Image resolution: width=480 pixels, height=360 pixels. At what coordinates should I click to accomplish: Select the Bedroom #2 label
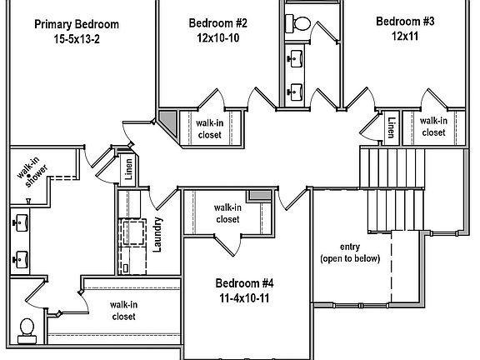[x=217, y=22]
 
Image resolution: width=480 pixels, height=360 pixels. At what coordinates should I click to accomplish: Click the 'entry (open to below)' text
[x=350, y=252]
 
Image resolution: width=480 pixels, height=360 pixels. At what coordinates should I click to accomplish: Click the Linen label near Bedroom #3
[x=391, y=127]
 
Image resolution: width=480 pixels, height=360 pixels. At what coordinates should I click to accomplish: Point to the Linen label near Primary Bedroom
[x=128, y=167]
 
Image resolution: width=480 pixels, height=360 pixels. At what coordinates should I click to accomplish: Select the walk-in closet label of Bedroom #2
[x=210, y=128]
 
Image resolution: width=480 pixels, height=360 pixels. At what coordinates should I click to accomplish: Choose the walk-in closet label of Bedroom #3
[x=432, y=126]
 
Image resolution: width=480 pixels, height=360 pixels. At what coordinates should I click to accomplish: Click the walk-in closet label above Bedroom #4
[x=227, y=213]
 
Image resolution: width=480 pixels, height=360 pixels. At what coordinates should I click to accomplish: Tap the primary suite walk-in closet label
[x=123, y=310]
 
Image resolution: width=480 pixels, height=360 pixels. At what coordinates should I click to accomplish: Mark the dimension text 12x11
[x=405, y=37]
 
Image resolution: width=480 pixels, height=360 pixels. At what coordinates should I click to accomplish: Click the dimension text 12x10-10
[x=217, y=37]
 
